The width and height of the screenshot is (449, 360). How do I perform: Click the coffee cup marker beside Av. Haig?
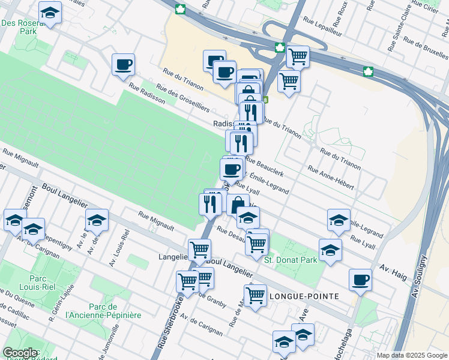360,279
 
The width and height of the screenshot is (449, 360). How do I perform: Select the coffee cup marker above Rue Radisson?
123,64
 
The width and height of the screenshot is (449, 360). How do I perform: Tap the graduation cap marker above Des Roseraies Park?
50,12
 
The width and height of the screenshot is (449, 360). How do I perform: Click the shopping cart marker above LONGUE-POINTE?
255,295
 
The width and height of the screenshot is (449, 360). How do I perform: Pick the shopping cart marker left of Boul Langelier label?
199,248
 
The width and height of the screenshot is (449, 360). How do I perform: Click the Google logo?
20,353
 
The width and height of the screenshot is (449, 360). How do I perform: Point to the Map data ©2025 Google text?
411,355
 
